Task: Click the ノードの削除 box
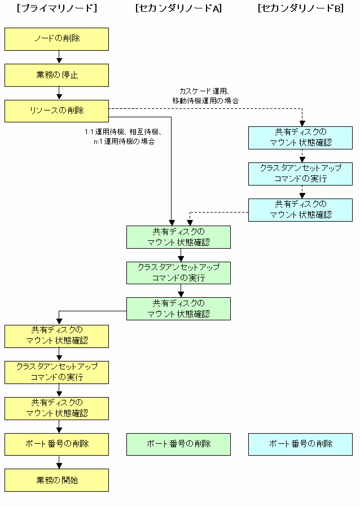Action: [56, 39]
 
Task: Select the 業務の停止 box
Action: [56, 75]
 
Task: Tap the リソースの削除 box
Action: [56, 111]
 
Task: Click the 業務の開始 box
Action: [56, 480]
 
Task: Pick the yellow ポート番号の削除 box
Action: [56, 444]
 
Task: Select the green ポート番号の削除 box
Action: [178, 444]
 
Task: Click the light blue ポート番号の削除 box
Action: [301, 444]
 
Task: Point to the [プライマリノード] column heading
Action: [57, 8]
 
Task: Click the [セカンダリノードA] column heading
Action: [178, 8]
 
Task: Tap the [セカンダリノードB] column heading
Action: [301, 8]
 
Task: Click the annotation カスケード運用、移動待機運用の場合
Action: [205, 96]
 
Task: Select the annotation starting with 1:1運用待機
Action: [123, 136]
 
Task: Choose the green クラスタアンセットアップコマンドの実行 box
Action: [178, 273]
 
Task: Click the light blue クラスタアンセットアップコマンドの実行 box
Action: [301, 174]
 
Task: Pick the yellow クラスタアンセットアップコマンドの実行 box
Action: [56, 372]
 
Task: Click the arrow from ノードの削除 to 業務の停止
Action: [59, 57]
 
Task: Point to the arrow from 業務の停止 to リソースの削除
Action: [59, 93]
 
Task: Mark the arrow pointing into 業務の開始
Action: [59, 462]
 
